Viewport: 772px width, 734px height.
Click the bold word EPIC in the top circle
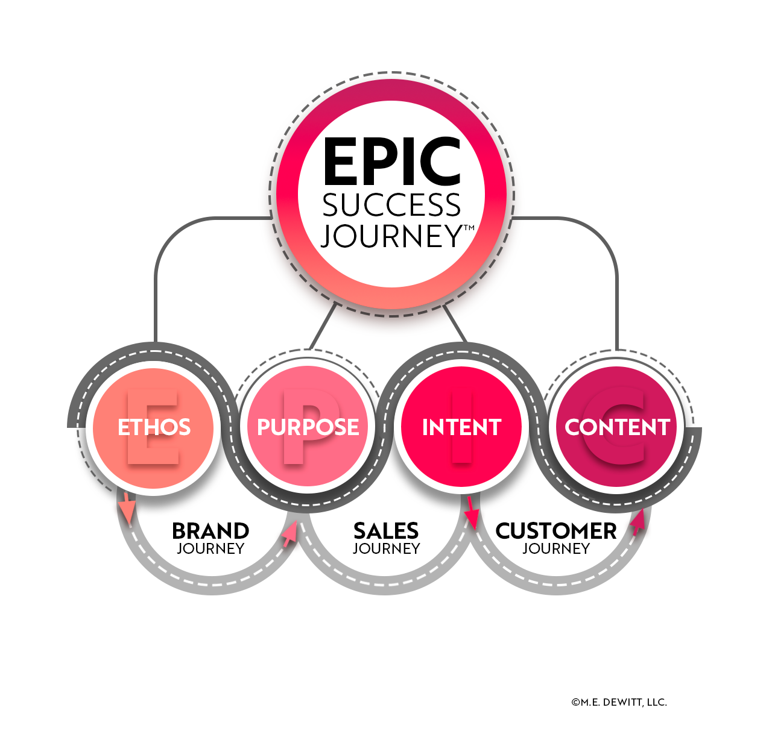point(392,161)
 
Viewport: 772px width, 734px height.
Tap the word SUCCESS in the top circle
point(392,206)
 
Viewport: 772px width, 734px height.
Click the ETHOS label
point(154,427)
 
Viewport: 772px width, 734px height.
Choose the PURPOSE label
point(308,427)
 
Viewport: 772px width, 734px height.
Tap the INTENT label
point(462,427)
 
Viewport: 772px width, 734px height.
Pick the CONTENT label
point(617,427)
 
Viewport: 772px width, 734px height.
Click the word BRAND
point(210,531)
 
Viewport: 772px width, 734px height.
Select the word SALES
point(386,531)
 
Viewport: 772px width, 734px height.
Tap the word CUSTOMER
point(556,531)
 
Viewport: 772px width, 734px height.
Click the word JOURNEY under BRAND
point(210,549)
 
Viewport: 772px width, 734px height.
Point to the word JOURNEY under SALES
point(386,549)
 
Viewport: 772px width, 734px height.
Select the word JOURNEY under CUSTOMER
point(556,549)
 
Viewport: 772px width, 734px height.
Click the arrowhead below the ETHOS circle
point(127,510)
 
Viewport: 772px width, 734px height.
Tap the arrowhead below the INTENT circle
point(472,516)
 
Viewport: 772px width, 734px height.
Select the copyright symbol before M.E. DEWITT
point(575,702)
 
